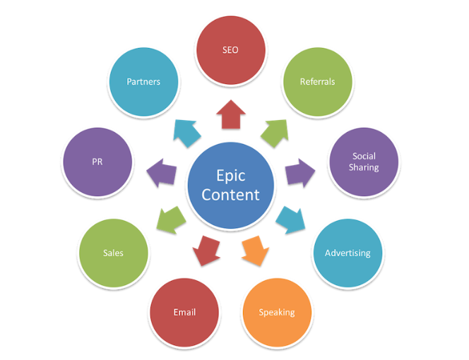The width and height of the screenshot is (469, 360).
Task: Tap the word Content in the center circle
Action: [230, 194]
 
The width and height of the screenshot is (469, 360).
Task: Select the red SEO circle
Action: [230, 50]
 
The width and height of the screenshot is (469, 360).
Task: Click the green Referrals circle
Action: [317, 81]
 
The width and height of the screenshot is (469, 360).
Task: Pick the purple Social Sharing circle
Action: [365, 162]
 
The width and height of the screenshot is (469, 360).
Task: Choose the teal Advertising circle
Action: [347, 253]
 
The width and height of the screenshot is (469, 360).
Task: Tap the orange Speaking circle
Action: [276, 312]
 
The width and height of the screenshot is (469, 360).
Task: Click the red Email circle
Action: [184, 312]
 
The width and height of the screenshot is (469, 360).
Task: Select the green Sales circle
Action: [113, 253]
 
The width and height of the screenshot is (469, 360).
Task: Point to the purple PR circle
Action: [97, 162]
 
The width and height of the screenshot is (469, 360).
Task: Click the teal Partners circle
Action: [143, 81]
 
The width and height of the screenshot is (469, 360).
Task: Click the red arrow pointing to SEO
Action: [230, 115]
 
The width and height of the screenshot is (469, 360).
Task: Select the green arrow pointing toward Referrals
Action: [275, 131]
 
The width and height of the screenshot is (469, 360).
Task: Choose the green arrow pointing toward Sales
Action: [170, 220]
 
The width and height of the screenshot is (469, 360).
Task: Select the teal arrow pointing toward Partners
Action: [187, 131]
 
